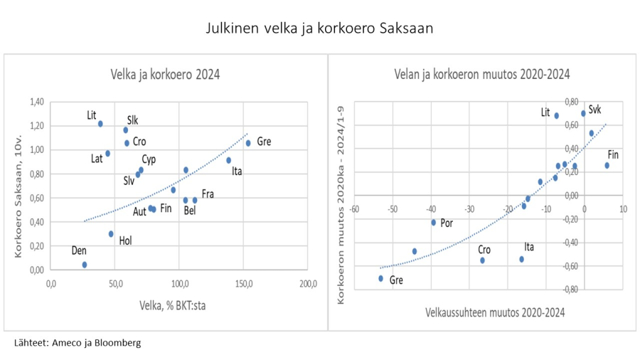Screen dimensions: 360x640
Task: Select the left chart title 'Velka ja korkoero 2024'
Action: click(x=164, y=74)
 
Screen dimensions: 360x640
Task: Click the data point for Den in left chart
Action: click(x=85, y=265)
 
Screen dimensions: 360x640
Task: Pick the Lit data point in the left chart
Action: click(x=100, y=124)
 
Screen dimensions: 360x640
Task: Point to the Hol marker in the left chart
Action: click(x=111, y=234)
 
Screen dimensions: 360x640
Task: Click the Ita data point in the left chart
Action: click(x=228, y=160)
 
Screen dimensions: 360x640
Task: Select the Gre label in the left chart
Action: click(x=264, y=142)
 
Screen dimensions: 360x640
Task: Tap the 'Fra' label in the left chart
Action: click(x=208, y=194)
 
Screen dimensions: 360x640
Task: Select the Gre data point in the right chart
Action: click(x=380, y=278)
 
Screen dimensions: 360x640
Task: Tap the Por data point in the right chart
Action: click(x=433, y=223)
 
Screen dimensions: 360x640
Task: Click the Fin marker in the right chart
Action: click(x=607, y=165)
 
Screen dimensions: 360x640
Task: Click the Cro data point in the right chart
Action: click(x=482, y=260)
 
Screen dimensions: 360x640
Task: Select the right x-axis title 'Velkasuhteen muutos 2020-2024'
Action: click(x=495, y=312)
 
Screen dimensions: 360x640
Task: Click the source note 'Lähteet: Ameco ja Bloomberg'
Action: click(x=78, y=343)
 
